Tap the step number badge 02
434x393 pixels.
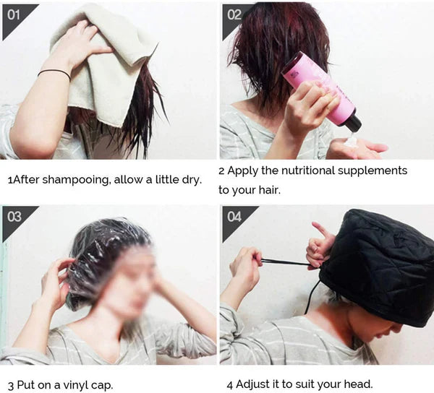234,14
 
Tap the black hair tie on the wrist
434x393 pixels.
54,72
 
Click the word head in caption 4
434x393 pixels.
357,384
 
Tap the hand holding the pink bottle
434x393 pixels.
307,108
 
